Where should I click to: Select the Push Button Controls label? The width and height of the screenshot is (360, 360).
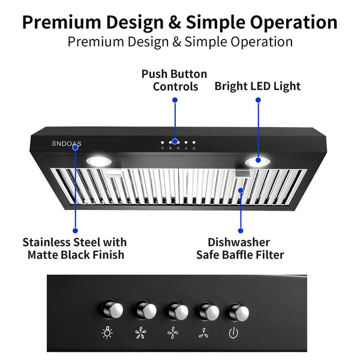click(174, 80)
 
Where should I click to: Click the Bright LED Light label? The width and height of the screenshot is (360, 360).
click(257, 86)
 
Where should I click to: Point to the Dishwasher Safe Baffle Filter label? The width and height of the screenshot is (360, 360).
click(240, 248)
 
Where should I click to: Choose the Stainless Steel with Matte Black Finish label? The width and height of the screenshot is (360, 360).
click(75, 248)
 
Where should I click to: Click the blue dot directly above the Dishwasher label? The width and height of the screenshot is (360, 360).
click(241, 230)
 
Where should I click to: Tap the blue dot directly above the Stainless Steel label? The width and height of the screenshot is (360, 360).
click(75, 230)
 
